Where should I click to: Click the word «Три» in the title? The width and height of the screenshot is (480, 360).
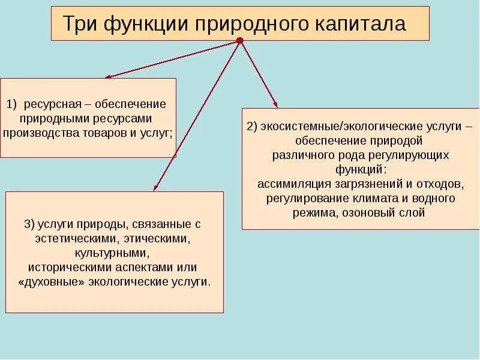point(80,25)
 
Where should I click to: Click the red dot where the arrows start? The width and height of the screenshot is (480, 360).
point(240,41)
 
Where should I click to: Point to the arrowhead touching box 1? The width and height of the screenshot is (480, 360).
point(108,77)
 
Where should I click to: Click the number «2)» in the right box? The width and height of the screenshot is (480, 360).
point(252,127)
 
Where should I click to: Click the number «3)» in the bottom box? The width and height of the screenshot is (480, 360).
point(31,224)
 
